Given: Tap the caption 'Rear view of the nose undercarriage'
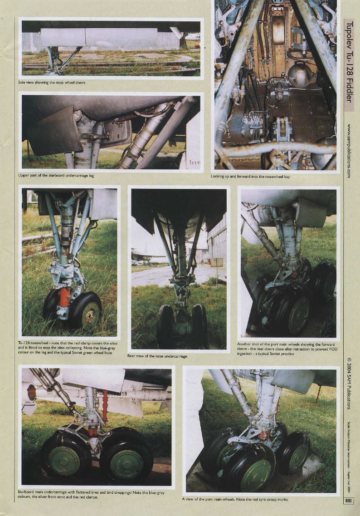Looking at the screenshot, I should pyautogui.click(x=157, y=356).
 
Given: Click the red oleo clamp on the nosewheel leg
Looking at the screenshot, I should pyautogui.click(x=64, y=297).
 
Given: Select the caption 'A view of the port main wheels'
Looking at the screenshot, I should pyautogui.click(x=235, y=499).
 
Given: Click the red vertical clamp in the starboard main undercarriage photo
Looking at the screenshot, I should pyautogui.click(x=105, y=401).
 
